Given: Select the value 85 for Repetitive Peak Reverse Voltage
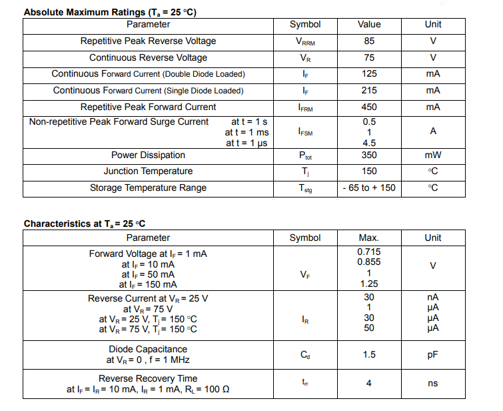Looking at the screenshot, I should tap(369, 41).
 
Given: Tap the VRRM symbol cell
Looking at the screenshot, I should tap(306, 41).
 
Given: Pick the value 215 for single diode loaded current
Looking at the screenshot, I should tap(369, 90).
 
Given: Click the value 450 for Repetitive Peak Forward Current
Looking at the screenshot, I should tap(369, 107).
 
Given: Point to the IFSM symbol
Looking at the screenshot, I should tap(306, 132).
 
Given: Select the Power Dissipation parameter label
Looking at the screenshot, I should tap(148, 155).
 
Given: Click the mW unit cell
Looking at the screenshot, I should tap(433, 155).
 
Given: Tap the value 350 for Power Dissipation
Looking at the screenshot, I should tap(369, 155).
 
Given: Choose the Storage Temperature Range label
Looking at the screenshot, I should tap(148, 187).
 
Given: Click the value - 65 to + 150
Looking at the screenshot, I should tap(369, 187).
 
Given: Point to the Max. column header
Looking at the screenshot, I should tap(369, 238).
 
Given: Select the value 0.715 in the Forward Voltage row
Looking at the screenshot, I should tap(369, 252).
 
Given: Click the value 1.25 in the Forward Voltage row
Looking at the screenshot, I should tap(369, 284).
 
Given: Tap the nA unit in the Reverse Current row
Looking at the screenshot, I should tap(433, 297).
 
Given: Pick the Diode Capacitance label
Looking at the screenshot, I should tap(148, 349).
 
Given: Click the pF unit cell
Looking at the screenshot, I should tap(433, 354).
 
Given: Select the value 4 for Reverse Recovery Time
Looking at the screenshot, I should tap(369, 383).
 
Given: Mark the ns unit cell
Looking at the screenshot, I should tap(433, 383).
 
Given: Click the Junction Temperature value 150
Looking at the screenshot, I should tap(369, 171).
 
